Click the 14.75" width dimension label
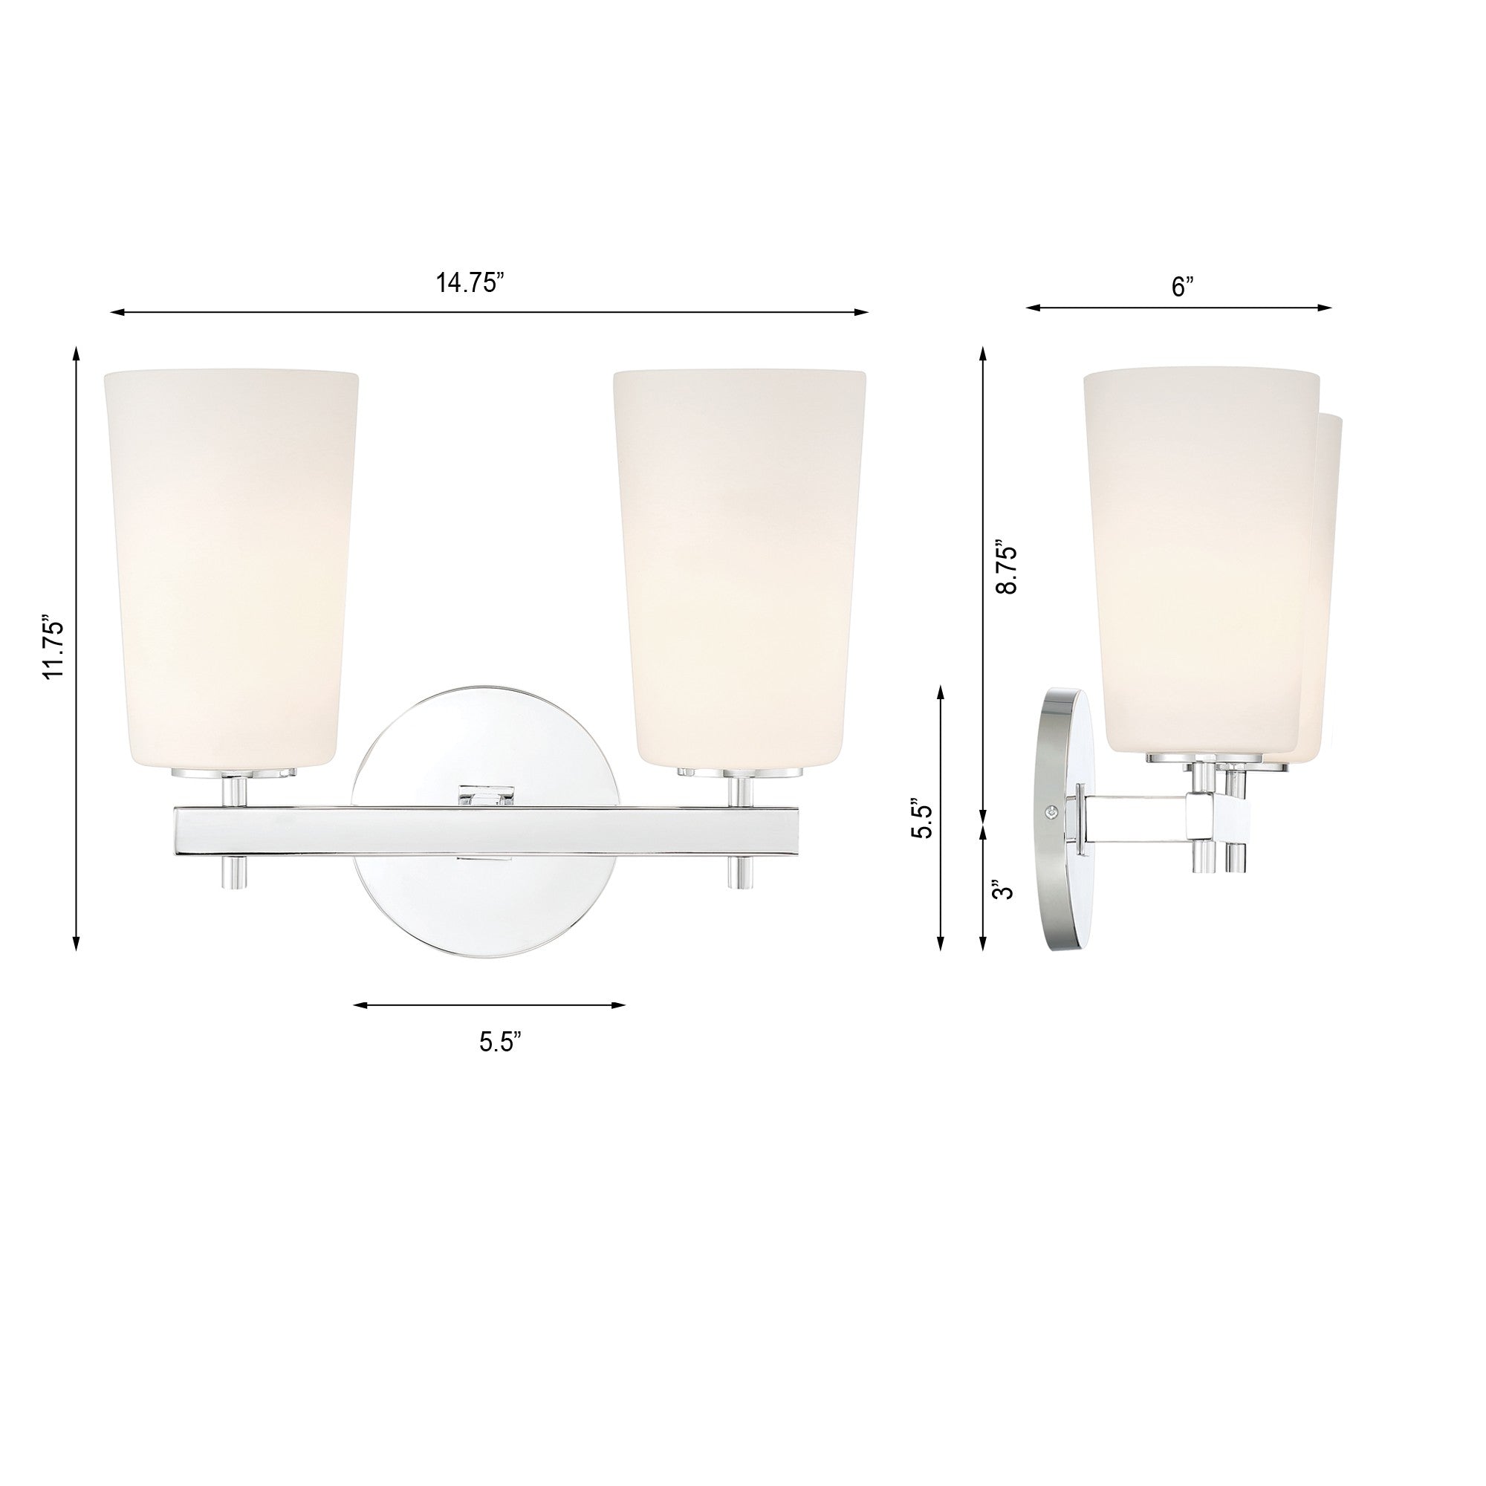470,283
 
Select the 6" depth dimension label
1182,286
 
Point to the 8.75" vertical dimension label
1006,566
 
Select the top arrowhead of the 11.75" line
76,353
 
